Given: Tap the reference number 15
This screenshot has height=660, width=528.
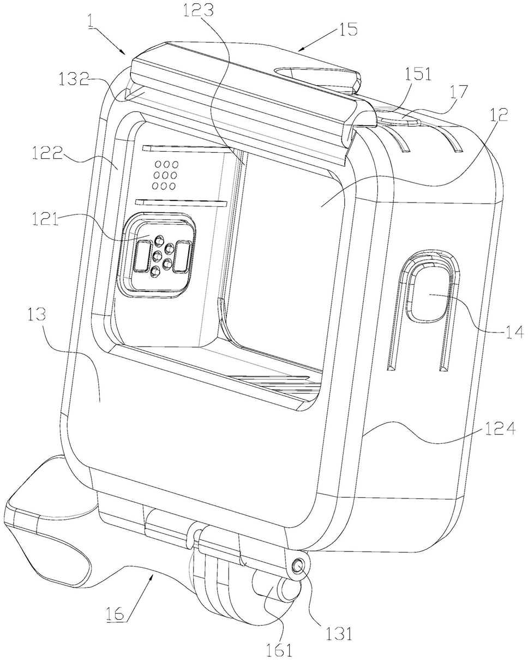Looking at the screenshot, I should pos(347,28).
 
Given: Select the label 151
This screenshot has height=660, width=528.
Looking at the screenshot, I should pos(418,74).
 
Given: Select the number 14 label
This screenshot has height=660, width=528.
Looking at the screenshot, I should pos(514,331).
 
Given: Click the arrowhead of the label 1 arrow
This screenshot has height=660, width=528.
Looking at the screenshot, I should pos(126,54).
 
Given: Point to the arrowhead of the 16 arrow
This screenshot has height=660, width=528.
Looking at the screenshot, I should pos(153,573).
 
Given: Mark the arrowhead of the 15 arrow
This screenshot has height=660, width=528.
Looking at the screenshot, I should pos(299,50).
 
